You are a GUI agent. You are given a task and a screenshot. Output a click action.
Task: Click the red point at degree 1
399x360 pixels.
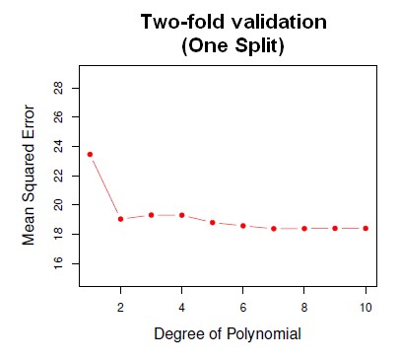tap(90, 154)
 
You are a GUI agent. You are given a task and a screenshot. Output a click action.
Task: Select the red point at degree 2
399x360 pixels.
tap(120, 219)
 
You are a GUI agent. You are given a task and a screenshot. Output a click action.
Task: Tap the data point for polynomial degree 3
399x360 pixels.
tap(151, 214)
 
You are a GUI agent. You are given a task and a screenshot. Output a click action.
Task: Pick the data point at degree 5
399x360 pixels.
tap(212, 222)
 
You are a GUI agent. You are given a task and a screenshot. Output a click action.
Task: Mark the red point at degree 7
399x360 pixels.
tap(273, 228)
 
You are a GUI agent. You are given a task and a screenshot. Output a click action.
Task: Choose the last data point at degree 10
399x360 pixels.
tap(365, 228)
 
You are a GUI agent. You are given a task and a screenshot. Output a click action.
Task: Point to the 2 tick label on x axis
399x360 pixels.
tap(120, 306)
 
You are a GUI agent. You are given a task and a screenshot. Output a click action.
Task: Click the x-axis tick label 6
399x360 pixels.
tap(242, 306)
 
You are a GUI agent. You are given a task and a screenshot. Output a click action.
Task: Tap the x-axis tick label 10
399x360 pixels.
tap(365, 306)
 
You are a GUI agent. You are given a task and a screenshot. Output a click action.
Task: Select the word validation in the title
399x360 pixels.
tap(271, 21)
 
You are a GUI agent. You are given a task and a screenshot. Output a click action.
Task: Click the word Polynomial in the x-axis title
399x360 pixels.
tap(261, 333)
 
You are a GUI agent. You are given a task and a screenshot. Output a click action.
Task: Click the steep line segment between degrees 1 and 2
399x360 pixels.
tap(104, 186)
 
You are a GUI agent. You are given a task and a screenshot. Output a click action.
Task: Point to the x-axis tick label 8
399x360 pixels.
tap(303, 306)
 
